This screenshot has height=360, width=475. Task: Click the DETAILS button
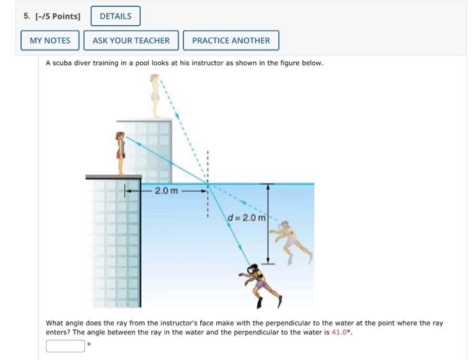click(115, 16)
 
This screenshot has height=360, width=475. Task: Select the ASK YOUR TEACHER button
click(131, 41)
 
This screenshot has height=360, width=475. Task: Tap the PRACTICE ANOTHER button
click(231, 41)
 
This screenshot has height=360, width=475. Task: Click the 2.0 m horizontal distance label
click(166, 190)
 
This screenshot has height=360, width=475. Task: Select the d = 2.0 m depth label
click(246, 217)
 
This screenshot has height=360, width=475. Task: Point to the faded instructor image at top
click(155, 95)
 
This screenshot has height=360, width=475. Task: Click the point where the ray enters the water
click(208, 183)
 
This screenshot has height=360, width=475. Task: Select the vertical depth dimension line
click(268, 223)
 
